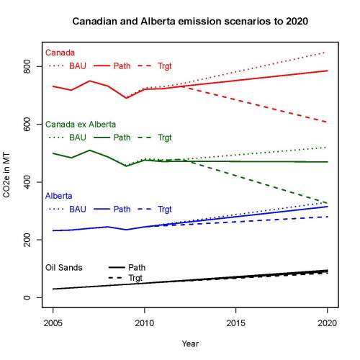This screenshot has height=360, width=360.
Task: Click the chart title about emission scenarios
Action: (x=190, y=22)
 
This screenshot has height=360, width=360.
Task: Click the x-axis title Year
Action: (x=190, y=343)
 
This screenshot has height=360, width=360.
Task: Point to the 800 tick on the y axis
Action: (x=27, y=66)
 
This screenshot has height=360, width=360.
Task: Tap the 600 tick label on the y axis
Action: (x=27, y=125)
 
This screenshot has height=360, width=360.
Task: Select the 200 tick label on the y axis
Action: (x=27, y=240)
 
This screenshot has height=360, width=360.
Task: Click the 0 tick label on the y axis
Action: (x=27, y=298)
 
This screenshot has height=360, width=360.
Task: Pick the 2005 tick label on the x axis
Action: (x=53, y=322)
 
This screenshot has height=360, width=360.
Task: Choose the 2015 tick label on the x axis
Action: (x=236, y=322)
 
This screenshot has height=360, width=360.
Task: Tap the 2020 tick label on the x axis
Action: (x=328, y=322)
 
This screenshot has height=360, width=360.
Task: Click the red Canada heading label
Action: (x=59, y=53)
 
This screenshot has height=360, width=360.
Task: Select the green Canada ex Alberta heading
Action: (x=81, y=124)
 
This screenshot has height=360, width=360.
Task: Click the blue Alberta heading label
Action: (x=59, y=196)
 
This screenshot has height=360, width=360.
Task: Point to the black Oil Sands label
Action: (x=64, y=267)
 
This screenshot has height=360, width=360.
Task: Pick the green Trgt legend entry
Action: (x=165, y=137)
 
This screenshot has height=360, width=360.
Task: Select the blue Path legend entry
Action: (x=122, y=209)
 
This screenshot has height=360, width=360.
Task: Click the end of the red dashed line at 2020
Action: (x=328, y=122)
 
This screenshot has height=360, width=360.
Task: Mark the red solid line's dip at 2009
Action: (x=126, y=98)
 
